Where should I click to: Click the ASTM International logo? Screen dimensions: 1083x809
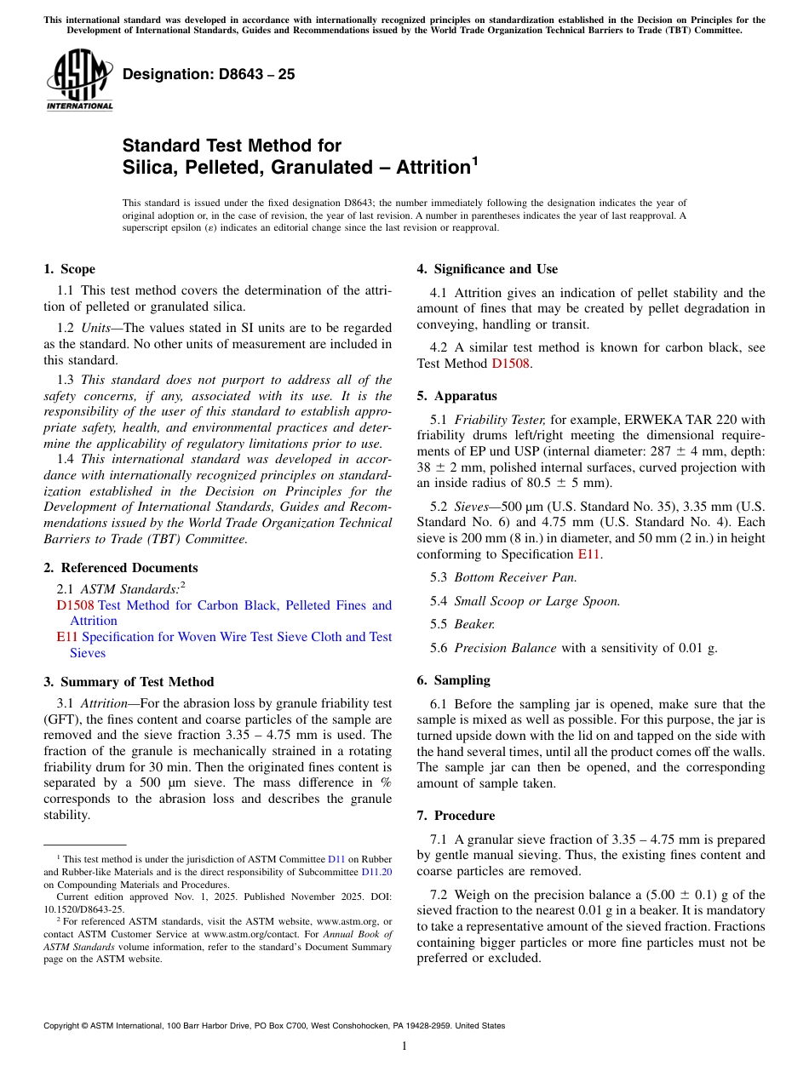(x=78, y=79)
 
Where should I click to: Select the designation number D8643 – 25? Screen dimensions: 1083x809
(x=209, y=74)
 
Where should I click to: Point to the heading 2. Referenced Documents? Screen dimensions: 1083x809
(x=120, y=568)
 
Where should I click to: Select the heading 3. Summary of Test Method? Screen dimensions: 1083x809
(x=129, y=682)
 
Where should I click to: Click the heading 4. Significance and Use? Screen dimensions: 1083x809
(x=487, y=269)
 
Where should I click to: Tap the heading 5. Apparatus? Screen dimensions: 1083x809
(x=456, y=396)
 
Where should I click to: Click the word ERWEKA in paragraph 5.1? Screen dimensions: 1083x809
(x=655, y=420)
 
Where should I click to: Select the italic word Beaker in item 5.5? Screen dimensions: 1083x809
(x=473, y=624)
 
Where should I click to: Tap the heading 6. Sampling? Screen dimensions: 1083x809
(x=453, y=680)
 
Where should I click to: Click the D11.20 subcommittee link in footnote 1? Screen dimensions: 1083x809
(x=376, y=872)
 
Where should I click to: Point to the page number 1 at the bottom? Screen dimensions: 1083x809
(x=404, y=1046)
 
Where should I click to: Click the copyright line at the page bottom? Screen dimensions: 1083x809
(x=274, y=1026)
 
